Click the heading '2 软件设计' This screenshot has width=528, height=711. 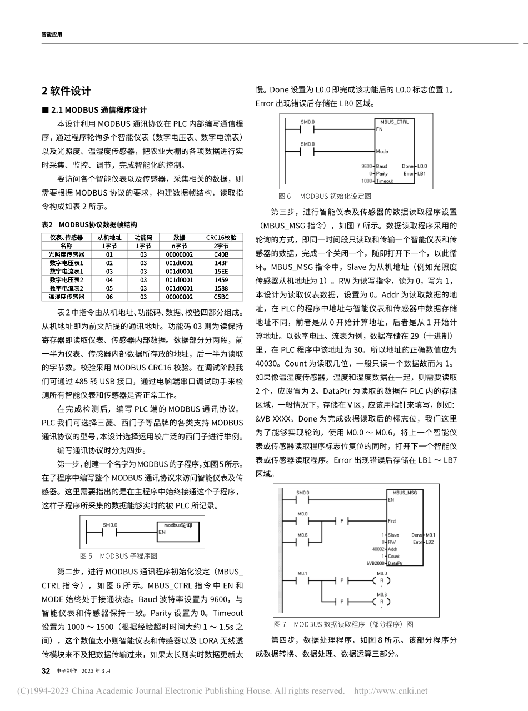[x=66, y=91]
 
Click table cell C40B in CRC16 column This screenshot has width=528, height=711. [x=221, y=254]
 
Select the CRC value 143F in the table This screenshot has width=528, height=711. [x=221, y=263]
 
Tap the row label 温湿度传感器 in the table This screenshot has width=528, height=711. [x=66, y=297]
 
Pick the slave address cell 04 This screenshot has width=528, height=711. [x=109, y=280]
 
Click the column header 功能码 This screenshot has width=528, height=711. [x=143, y=237]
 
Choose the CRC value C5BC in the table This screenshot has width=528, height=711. [x=221, y=297]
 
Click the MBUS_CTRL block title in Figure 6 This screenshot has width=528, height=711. [x=394, y=121]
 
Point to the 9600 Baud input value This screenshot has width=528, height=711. [x=366, y=166]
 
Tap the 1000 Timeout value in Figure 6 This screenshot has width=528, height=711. [x=366, y=181]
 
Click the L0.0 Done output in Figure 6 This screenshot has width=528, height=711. [x=422, y=166]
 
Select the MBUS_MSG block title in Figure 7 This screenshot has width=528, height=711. [x=405, y=492]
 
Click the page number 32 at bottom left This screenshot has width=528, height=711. [x=46, y=670]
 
